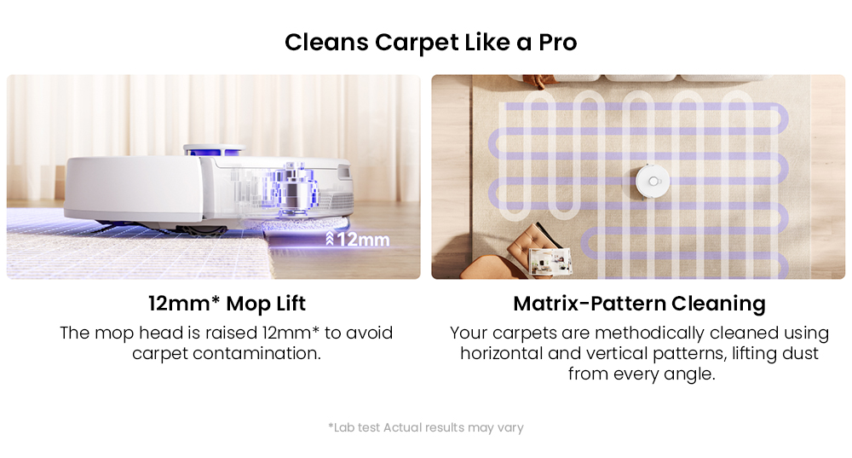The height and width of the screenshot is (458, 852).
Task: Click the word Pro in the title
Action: [557, 43]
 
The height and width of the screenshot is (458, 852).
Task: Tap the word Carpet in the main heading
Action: [414, 43]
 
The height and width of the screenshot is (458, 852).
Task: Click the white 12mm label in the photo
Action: [363, 240]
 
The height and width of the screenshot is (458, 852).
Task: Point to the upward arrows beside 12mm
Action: [330, 239]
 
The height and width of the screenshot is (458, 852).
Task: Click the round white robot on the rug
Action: [653, 180]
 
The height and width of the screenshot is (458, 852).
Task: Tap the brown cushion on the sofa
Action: [534, 82]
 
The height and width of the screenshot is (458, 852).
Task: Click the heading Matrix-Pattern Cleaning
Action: [639, 304]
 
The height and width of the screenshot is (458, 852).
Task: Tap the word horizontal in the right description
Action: [503, 352]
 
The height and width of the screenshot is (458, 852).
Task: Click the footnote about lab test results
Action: [425, 427]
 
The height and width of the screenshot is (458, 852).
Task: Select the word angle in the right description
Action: [688, 374]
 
